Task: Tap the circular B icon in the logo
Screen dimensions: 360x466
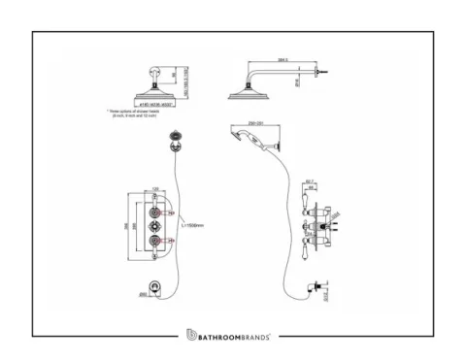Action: tap(191, 335)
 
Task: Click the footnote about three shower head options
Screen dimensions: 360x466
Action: tap(133, 114)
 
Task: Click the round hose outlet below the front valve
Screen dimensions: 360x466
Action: tap(157, 285)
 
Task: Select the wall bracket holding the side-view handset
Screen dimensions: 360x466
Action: tap(280, 145)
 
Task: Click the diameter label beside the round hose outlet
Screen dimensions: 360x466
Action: tap(143, 285)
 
